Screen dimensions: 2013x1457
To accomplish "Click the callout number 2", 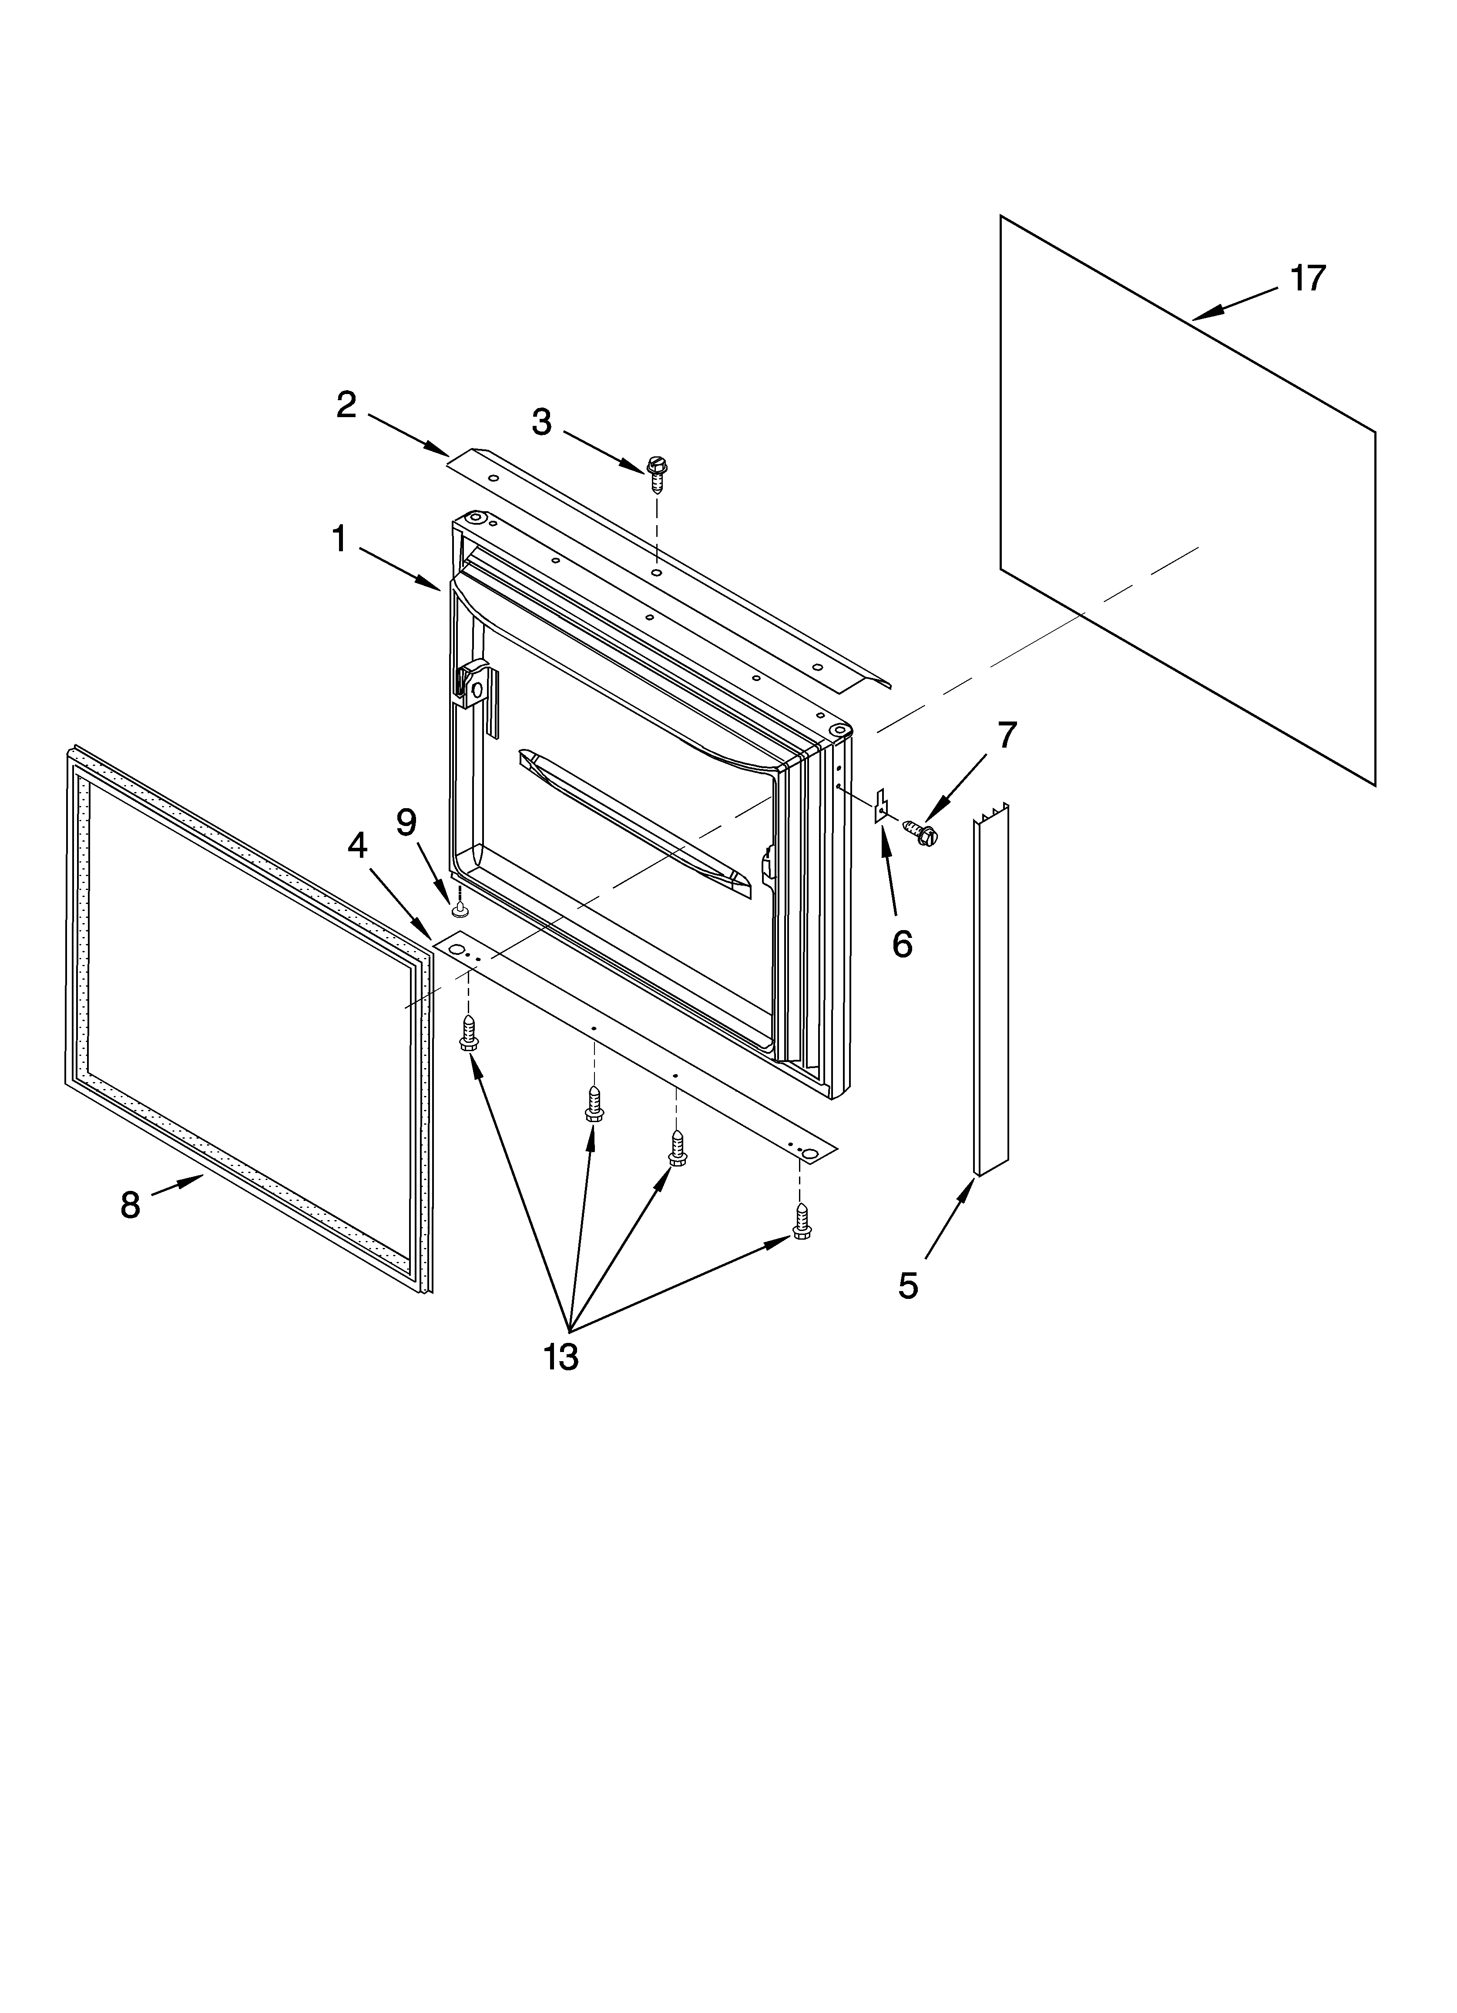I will click(346, 405).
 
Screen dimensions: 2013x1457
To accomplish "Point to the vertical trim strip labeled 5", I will click(991, 990).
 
